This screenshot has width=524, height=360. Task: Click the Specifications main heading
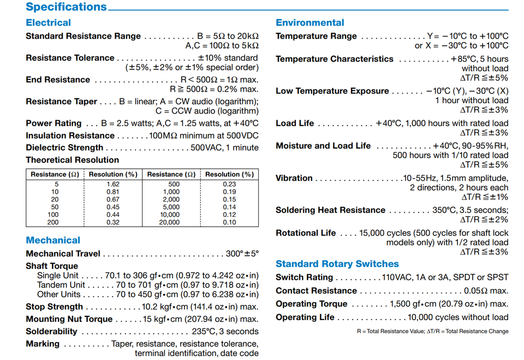click(x=66, y=7)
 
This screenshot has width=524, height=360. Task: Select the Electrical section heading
click(x=48, y=22)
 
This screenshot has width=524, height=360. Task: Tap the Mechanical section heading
click(x=53, y=240)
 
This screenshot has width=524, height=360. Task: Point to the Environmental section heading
click(x=309, y=22)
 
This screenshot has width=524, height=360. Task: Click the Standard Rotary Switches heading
click(x=337, y=263)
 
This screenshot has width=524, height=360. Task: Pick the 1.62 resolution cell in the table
click(x=113, y=184)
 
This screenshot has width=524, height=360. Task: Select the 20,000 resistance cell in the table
click(x=169, y=222)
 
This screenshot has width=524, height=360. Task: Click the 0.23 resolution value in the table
click(x=229, y=184)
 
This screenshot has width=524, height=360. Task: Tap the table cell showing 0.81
click(x=113, y=192)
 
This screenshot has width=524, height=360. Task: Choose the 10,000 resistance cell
click(x=169, y=215)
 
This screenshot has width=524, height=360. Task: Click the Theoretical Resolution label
click(x=72, y=160)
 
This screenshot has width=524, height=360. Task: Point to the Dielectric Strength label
click(x=64, y=147)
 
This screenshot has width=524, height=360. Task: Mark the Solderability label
click(x=51, y=331)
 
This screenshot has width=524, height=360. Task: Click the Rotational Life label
click(x=306, y=233)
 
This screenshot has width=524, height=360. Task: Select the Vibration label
click(x=294, y=178)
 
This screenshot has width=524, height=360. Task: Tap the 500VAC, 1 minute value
click(x=224, y=147)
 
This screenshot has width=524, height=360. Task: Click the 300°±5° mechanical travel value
click(x=242, y=253)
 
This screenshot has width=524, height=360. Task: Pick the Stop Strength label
click(x=54, y=306)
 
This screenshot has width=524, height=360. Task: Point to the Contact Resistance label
click(x=315, y=291)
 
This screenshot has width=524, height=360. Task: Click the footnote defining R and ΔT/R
click(x=432, y=331)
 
